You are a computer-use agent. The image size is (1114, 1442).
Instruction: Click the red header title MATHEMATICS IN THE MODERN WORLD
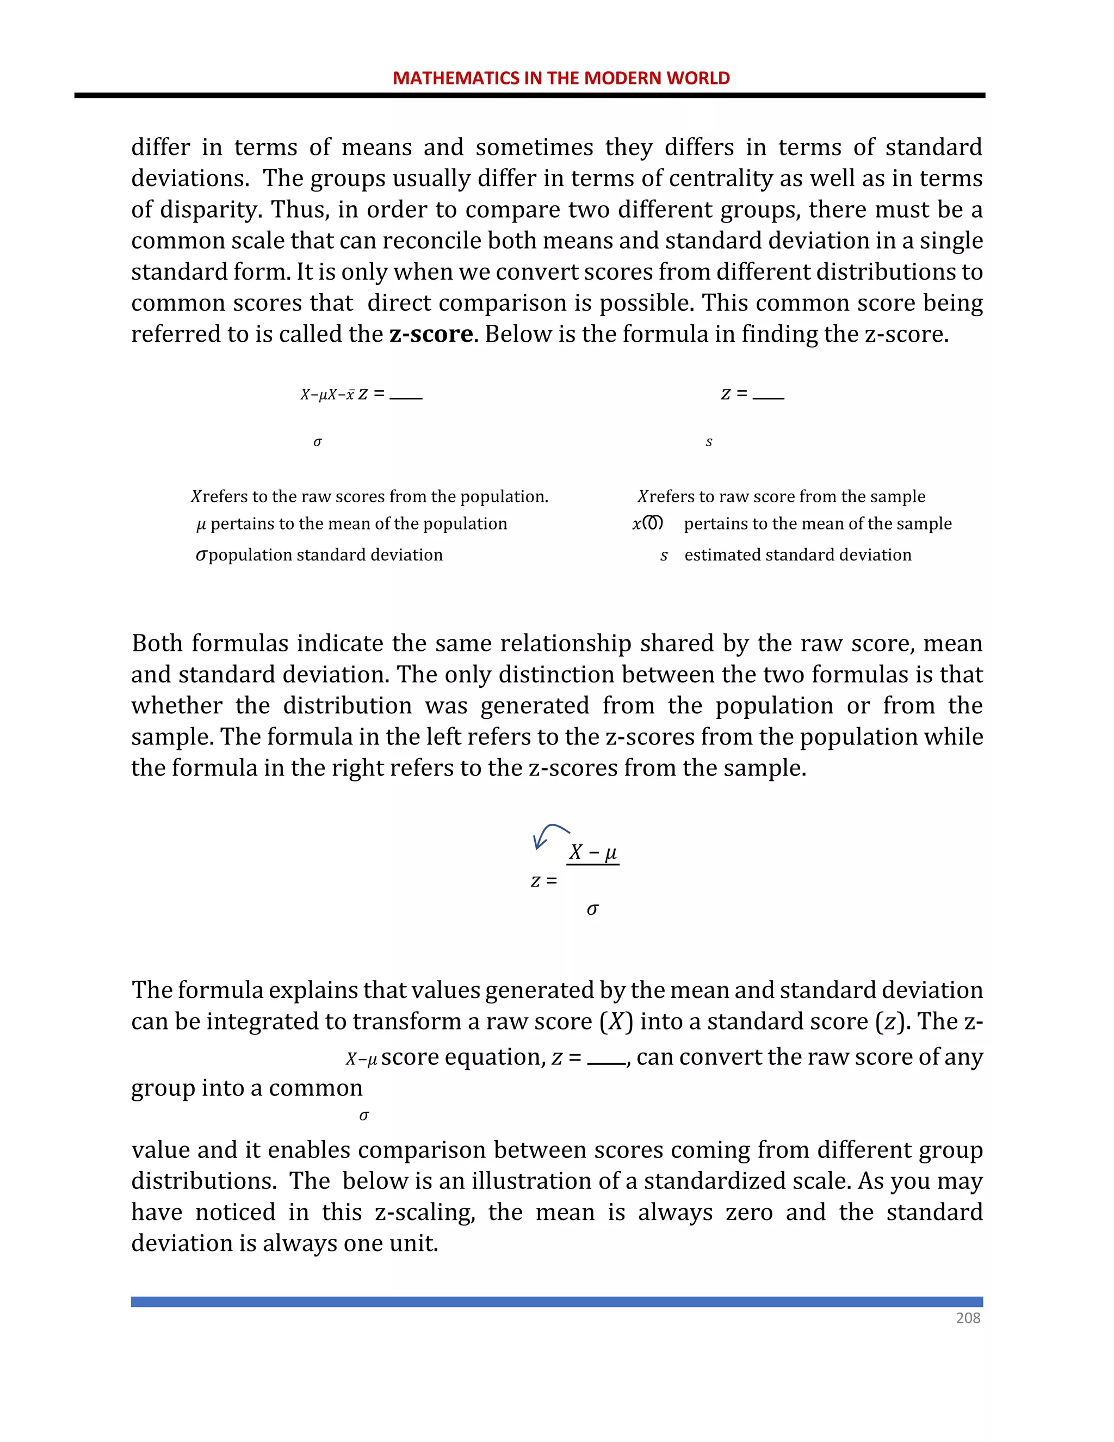point(561,78)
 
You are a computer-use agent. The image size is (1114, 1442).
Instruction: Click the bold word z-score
point(431,334)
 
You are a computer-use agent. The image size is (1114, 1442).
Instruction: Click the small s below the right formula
point(709,442)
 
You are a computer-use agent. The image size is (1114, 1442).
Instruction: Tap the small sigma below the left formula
point(318,442)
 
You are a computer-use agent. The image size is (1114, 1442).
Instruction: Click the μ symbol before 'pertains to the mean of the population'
point(201,524)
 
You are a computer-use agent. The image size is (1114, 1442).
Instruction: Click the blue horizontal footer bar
point(556,1302)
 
